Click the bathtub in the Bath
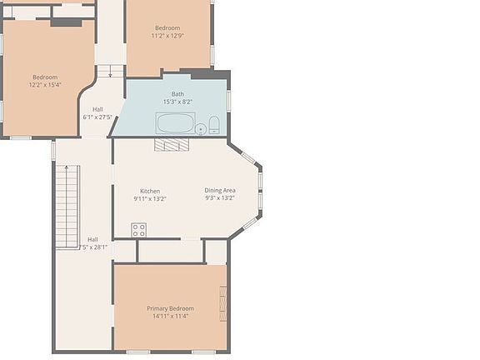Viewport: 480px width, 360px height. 175,124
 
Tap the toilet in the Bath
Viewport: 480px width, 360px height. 214,126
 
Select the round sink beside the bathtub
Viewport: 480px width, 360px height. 200,128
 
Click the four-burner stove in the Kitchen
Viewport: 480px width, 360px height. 138,229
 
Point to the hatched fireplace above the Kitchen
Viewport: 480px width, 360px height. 172,144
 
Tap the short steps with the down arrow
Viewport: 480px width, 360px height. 109,72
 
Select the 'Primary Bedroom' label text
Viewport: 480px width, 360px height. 169,308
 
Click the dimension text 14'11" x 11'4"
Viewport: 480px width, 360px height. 170,317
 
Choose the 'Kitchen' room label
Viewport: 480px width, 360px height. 150,191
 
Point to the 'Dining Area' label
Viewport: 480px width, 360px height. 220,190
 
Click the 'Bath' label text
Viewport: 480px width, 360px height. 178,93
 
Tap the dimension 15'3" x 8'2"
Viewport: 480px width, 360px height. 178,102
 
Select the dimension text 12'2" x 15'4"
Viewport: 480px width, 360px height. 45,85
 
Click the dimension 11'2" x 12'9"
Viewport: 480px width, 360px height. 167,36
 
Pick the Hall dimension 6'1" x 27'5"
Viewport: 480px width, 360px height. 97,117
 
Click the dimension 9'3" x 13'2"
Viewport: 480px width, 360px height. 220,198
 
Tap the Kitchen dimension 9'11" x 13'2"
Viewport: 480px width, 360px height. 150,199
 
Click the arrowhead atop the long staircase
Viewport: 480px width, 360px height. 67,167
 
